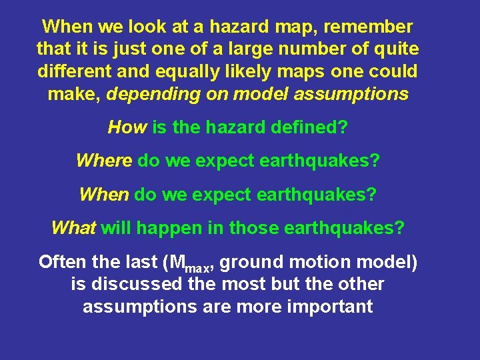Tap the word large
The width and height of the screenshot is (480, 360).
[x=253, y=49]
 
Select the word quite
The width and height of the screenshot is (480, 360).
[x=397, y=49]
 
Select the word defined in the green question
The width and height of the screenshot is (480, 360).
[x=306, y=127]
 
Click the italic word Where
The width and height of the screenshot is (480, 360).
[x=103, y=161]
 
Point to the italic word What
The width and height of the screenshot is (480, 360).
[x=74, y=228]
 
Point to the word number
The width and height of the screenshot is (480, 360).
[x=319, y=49]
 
